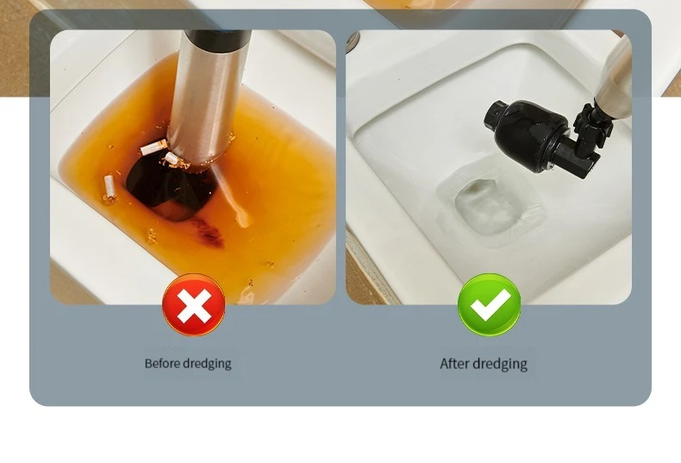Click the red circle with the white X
pos(194,305)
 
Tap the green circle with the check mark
pos(489,305)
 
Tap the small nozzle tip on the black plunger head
pos(495,113)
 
